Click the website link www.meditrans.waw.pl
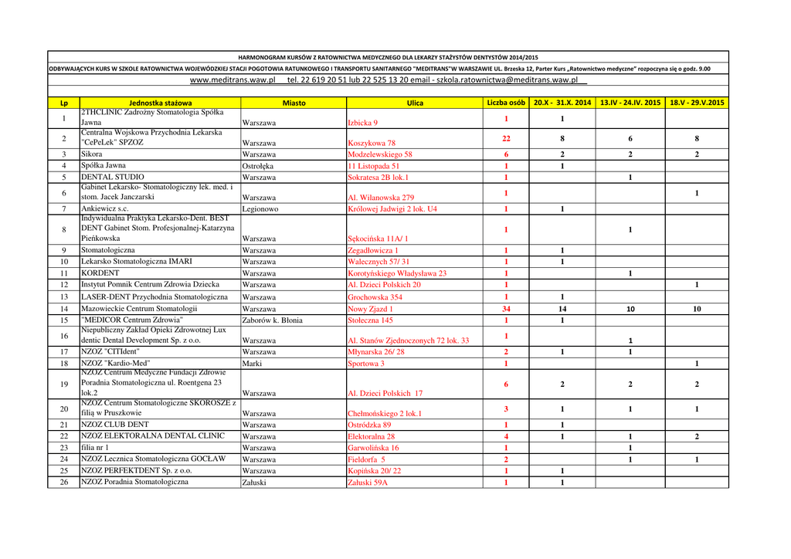pos(232,80)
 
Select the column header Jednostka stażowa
pos(161,103)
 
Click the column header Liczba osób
pos(506,103)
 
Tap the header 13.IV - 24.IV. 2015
pos(630,103)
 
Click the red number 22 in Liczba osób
pos(506,138)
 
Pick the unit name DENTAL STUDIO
pos(113,177)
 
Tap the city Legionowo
pos(260,208)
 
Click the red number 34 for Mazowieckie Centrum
pos(506,309)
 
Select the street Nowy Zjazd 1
pos(371,309)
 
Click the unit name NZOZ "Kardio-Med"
pos(116,363)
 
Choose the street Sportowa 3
pos(366,363)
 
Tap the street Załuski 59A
pos(368,483)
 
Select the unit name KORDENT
pos(100,273)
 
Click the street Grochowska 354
pos(375,297)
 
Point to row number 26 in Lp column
pos(63,483)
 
